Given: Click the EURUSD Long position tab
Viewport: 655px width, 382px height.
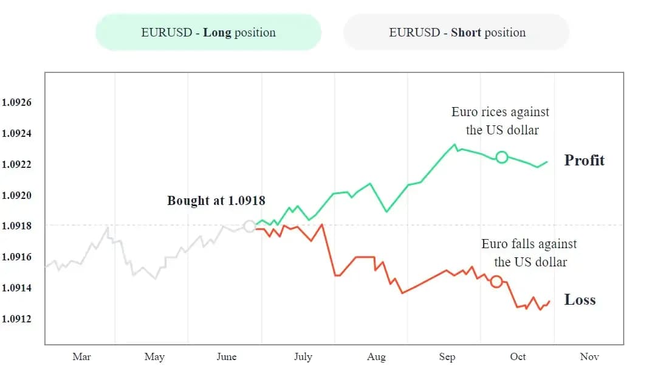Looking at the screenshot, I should click(208, 32).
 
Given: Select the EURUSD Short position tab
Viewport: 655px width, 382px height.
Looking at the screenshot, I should click(457, 32).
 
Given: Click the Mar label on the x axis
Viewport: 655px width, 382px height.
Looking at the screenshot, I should click(81, 357).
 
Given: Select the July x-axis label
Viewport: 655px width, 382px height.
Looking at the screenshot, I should click(303, 357).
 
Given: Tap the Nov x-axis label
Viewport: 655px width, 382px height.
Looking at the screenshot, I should click(589, 357).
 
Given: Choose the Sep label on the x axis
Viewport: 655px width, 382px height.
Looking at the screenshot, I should click(447, 357).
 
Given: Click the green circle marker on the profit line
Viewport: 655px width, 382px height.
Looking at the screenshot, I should click(501, 158).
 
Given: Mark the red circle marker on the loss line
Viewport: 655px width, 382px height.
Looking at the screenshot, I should click(496, 282).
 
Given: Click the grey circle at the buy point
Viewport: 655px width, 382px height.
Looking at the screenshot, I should click(249, 226).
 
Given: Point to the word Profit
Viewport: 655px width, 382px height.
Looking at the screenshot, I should click(585, 161).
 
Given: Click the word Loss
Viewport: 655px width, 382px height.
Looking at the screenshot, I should click(580, 300).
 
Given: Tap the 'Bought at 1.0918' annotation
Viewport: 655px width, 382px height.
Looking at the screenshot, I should click(216, 200).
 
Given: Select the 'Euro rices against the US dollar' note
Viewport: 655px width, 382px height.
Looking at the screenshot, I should click(501, 121).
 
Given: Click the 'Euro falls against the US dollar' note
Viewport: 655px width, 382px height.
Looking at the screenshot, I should click(530, 253).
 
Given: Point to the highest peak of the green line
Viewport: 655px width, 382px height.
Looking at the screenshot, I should click(454, 145).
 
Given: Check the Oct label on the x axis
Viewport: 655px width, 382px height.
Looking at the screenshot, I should click(518, 357).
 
